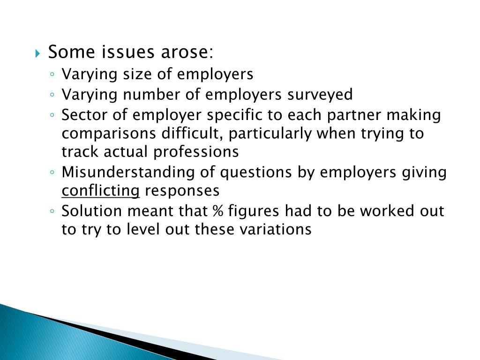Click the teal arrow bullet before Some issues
(x=38, y=53)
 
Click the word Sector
(x=83, y=115)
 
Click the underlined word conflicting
(x=101, y=191)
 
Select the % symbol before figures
(x=217, y=211)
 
